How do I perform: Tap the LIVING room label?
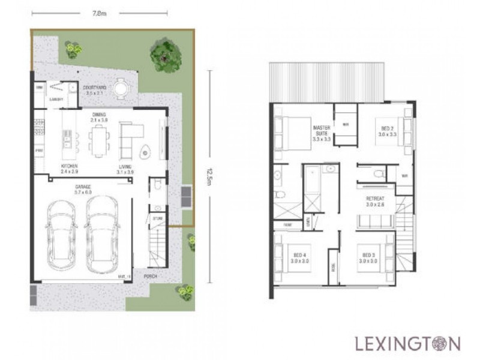click(x=125, y=168)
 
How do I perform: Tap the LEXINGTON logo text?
click(x=407, y=344)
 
